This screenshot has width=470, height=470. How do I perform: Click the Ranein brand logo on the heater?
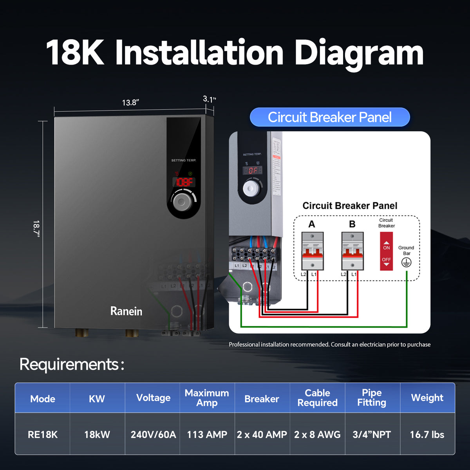126,311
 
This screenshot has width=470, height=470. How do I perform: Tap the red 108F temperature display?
184,182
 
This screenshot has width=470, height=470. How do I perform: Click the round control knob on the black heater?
181,202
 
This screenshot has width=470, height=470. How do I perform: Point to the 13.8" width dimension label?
130,103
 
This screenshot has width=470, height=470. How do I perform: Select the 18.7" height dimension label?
36,228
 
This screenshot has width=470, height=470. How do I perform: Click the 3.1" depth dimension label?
209,99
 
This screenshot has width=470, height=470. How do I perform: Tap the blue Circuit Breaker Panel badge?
330,117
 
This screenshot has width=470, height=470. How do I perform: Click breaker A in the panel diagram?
312,251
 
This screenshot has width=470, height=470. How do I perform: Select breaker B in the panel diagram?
352,251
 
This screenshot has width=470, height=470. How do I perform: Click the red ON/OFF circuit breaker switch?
386,251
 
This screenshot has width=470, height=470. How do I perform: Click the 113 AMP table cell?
207,434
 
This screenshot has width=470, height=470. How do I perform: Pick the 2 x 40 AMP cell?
262,434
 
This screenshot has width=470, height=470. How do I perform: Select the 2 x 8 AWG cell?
317,434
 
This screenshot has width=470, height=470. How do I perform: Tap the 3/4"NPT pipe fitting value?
372,434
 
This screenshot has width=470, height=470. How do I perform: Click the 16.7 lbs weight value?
427,434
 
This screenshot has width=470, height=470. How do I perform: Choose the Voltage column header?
153,398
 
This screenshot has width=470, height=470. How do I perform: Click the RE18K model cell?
43,434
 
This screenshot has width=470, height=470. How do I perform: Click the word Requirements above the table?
69,364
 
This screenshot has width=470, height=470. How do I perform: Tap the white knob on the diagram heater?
251,188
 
